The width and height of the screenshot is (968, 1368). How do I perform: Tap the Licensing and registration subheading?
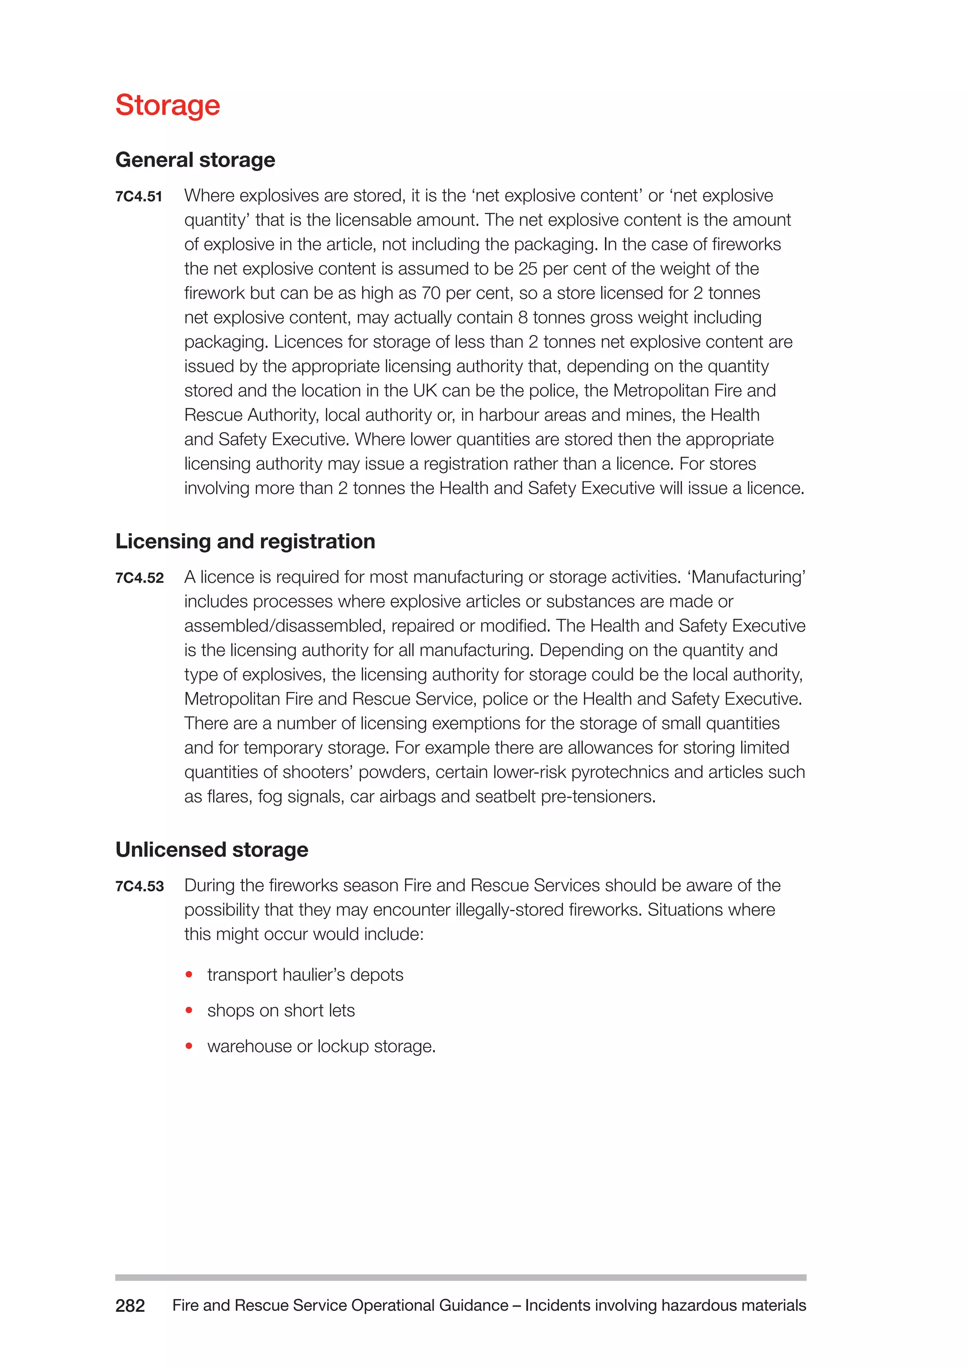[245, 541]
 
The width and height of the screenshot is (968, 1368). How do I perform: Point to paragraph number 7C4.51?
[139, 197]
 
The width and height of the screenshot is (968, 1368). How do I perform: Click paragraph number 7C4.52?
[139, 578]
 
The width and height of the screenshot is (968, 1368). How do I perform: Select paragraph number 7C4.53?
[139, 886]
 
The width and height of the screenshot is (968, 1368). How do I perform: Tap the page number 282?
[130, 1306]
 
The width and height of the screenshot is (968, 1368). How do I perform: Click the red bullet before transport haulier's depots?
[189, 975]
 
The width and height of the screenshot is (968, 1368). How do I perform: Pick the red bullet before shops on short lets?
[189, 1010]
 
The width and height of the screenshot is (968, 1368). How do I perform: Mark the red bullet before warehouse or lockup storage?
[189, 1046]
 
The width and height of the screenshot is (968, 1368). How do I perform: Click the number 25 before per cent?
[527, 269]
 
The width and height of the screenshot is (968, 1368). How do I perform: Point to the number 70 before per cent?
[431, 293]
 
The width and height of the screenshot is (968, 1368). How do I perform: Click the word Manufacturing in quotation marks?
[747, 577]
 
